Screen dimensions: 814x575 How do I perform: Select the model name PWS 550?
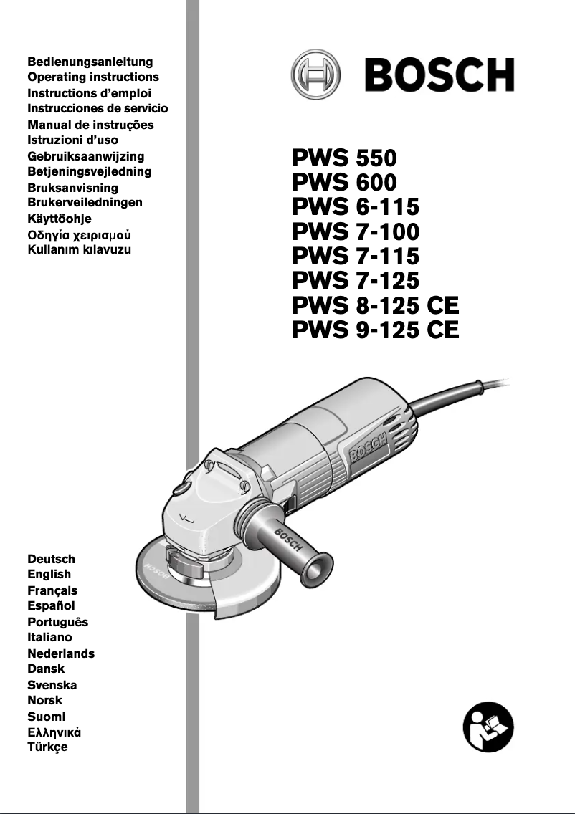coord(344,158)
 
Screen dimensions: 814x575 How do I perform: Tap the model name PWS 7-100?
coord(356,231)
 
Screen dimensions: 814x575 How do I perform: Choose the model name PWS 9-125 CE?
coord(376,330)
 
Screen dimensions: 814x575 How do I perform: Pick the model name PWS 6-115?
coord(356,207)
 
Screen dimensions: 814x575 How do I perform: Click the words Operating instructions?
coord(93,77)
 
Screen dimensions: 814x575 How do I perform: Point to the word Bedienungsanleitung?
coord(90,62)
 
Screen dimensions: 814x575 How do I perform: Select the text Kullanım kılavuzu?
coord(79,250)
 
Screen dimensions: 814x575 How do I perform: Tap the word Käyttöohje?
coord(60,219)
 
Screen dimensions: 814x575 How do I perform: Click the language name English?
coord(49,574)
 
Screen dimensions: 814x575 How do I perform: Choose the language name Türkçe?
coord(47,747)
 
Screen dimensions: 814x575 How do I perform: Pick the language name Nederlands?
coord(61,653)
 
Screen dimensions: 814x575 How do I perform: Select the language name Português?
coord(57,622)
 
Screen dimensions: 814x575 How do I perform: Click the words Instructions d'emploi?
coord(89,93)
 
